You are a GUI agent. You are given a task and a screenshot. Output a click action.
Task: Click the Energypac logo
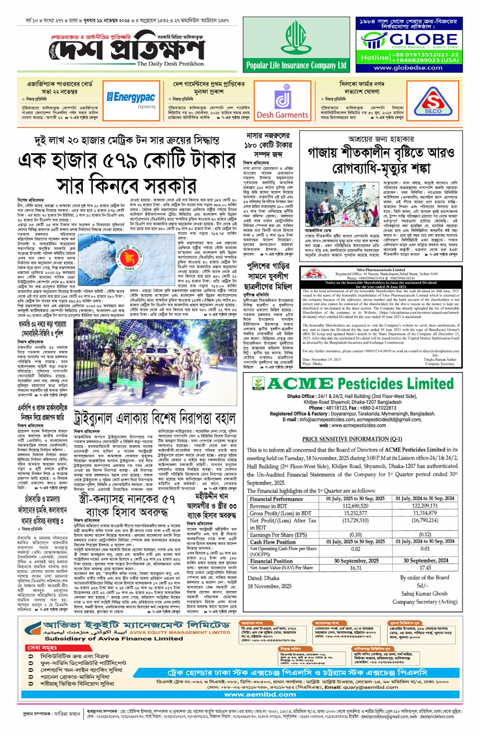[x=131, y=97]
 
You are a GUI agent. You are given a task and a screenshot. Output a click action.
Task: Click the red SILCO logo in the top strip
[x=433, y=102]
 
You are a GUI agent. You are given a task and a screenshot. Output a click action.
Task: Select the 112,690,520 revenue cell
[x=356, y=506]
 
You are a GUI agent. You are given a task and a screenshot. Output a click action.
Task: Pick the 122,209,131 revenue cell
[x=425, y=506]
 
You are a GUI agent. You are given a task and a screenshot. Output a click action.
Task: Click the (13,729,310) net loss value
[x=356, y=520]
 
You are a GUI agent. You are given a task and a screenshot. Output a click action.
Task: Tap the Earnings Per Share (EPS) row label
[x=278, y=535]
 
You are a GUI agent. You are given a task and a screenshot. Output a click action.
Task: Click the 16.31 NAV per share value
[x=356, y=568]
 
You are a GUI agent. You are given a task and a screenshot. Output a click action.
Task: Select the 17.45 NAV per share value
[x=425, y=568]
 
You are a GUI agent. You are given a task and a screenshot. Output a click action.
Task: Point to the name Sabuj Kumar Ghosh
[x=424, y=593]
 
